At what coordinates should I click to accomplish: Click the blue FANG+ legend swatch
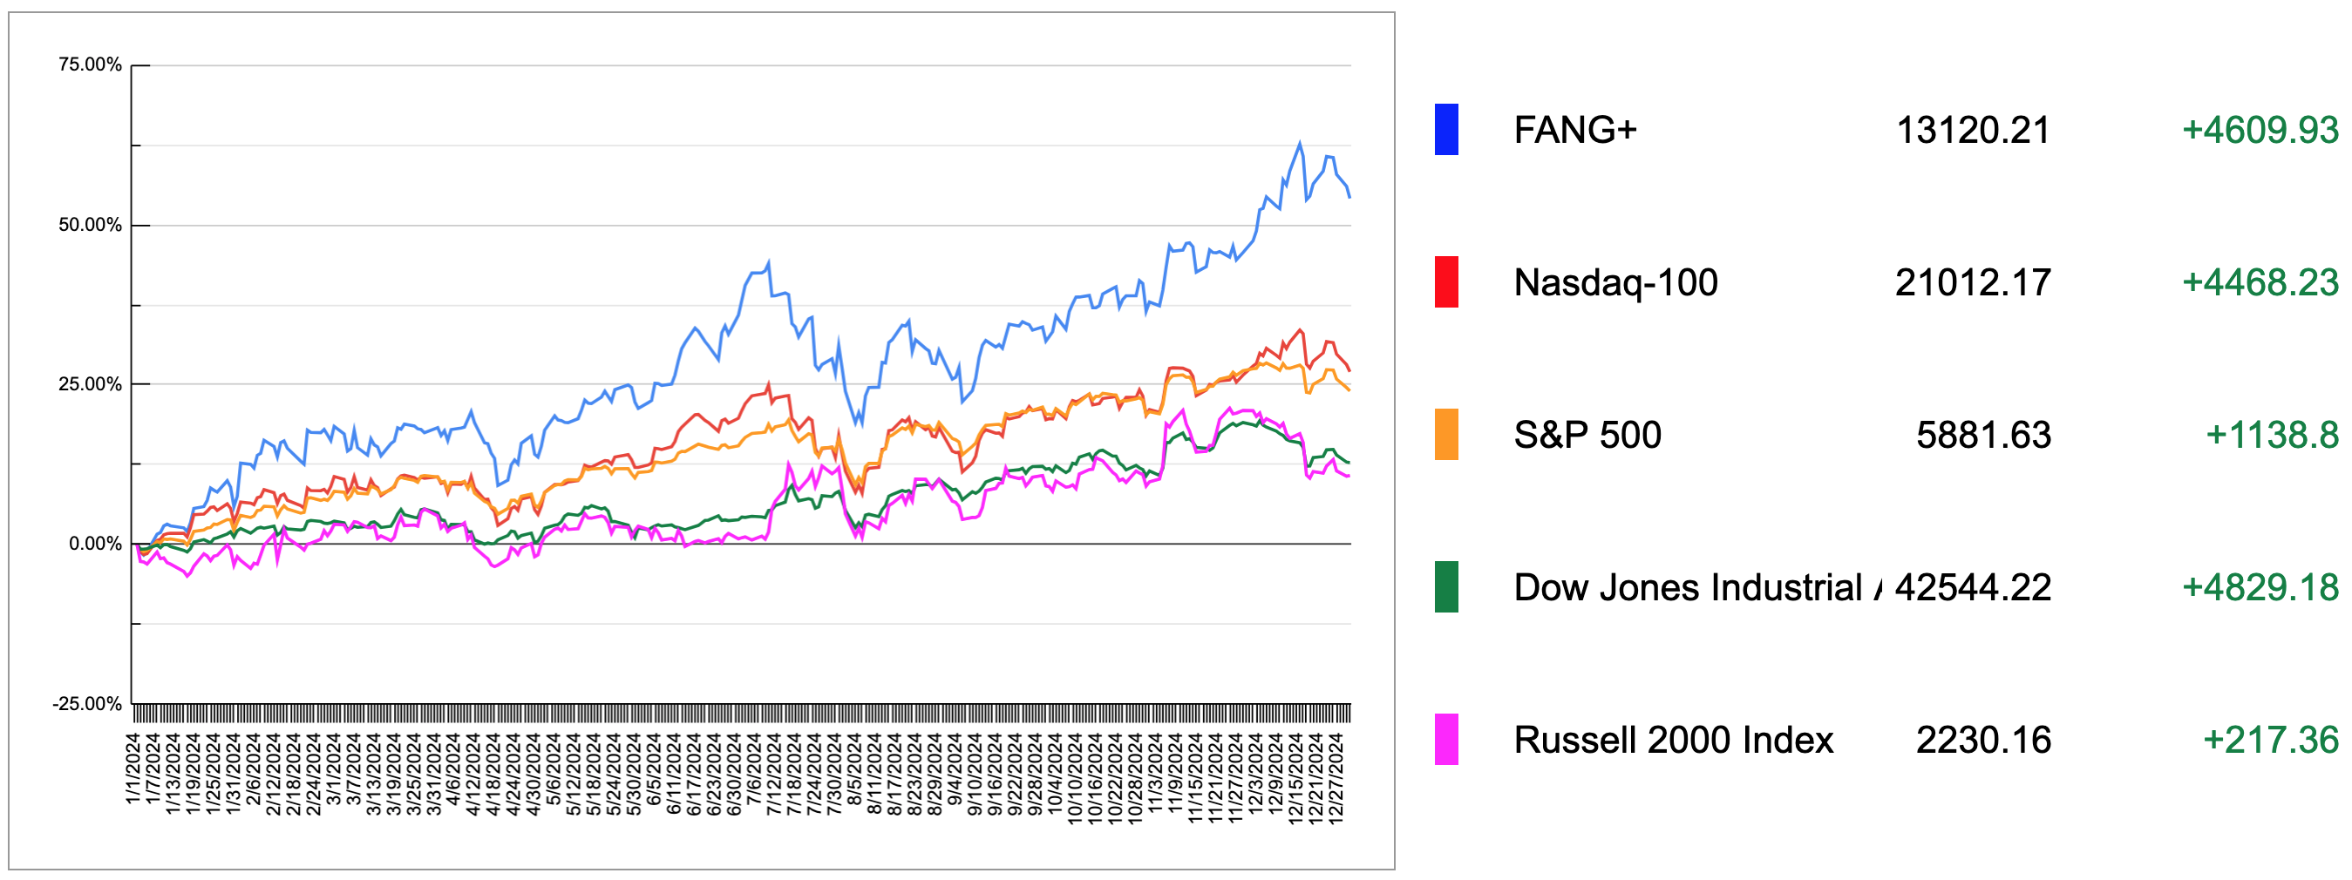point(1445,130)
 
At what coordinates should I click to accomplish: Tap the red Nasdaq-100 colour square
point(1445,282)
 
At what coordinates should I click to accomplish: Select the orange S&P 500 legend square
point(1445,435)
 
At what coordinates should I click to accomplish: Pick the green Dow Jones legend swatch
point(1445,587)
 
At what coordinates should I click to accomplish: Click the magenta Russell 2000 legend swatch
point(1445,740)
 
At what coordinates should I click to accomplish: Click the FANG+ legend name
point(1575,130)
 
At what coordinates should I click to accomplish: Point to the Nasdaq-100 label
point(1615,282)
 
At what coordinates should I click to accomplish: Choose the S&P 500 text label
point(1587,435)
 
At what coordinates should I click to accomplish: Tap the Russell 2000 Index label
point(1673,740)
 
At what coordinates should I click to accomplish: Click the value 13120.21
point(1973,130)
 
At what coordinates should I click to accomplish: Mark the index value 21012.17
point(1972,282)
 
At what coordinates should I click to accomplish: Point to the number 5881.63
point(1983,435)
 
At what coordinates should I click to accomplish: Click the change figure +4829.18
point(2260,587)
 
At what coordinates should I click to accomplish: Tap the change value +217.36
point(2270,740)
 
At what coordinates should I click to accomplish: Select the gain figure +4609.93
point(2260,130)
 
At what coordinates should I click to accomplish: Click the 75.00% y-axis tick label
point(90,64)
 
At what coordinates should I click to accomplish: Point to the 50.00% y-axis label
point(90,225)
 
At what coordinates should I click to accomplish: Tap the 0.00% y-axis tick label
point(95,544)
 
